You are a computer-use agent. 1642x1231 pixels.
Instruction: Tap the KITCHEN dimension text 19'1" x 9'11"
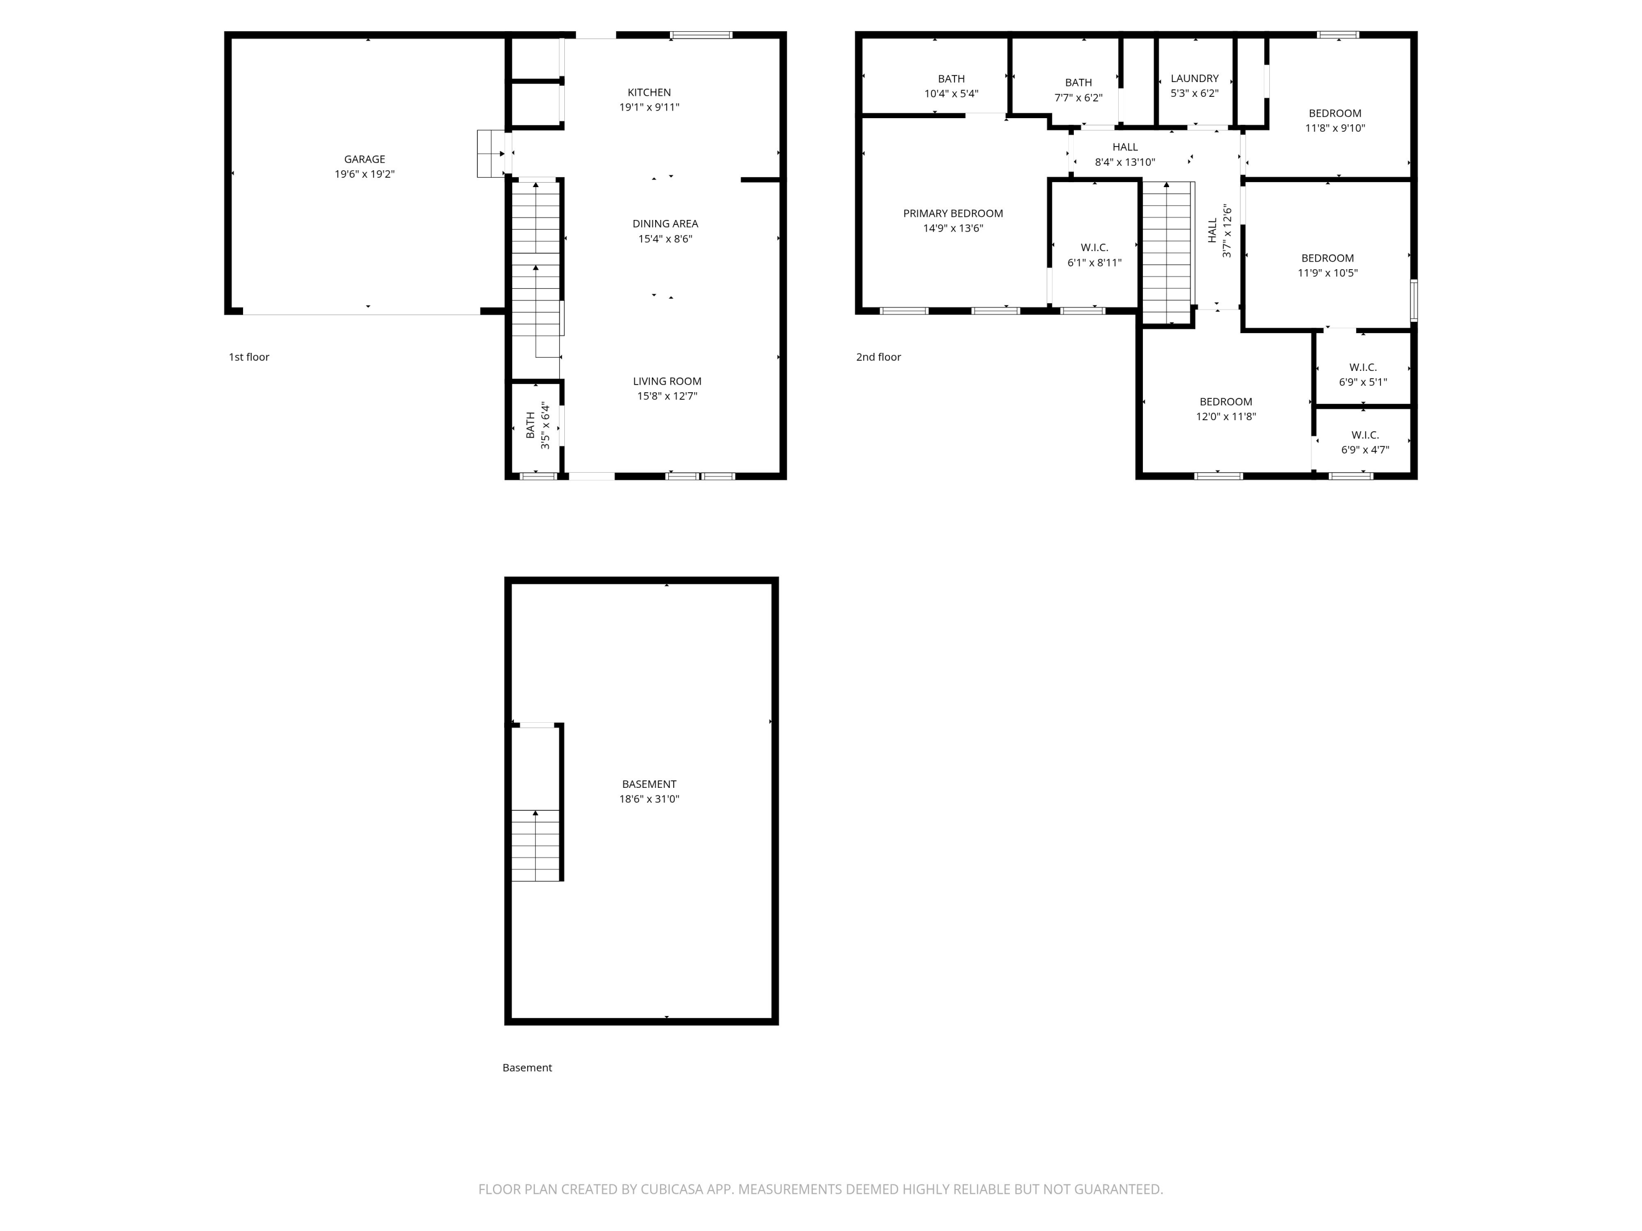650,107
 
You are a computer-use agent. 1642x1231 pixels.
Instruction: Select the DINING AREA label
665,223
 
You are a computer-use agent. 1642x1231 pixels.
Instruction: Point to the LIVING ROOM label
667,381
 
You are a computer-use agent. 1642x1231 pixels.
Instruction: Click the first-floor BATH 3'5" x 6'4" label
537,425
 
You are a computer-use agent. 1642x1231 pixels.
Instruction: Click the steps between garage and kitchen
490,154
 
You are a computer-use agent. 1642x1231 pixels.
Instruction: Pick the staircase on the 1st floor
535,267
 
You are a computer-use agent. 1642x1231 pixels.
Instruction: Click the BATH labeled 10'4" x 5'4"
951,86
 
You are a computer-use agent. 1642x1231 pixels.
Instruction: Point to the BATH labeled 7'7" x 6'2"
1079,90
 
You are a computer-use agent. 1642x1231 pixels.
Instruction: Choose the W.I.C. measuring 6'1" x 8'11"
1094,254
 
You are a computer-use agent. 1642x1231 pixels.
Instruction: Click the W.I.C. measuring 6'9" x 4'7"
1365,442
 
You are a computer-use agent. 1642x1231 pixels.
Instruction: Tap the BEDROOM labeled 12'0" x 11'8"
1225,409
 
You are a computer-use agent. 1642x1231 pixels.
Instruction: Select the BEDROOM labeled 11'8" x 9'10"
1335,120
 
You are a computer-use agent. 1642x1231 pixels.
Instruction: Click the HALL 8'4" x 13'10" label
1125,154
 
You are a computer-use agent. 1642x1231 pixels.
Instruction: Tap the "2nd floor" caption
878,357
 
